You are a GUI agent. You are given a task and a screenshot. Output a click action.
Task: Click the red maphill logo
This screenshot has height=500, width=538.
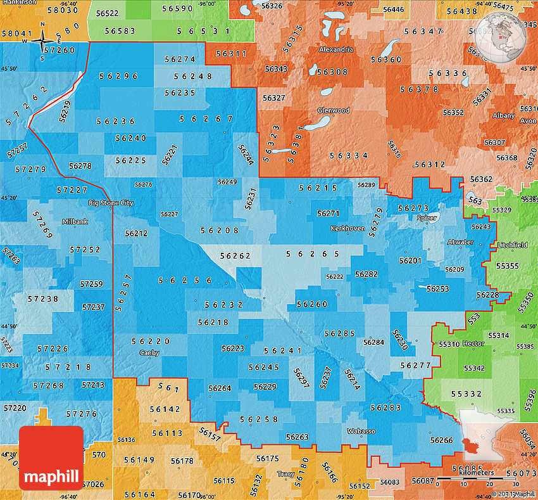pyautogui.click(x=51, y=458)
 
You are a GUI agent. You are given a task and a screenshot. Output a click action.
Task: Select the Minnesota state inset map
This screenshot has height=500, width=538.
pyautogui.click(x=490, y=438)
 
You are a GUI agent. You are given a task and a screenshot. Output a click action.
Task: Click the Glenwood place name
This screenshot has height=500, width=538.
pyautogui.click(x=334, y=110)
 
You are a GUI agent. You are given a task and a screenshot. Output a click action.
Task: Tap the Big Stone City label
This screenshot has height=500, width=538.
pyautogui.click(x=111, y=203)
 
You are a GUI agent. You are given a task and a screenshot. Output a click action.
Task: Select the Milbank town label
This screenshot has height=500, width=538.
pyautogui.click(x=76, y=222)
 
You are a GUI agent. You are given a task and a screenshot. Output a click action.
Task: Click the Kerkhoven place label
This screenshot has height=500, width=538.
pyautogui.click(x=348, y=228)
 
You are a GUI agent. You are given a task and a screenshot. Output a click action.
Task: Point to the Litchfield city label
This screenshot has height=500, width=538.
pyautogui.click(x=513, y=245)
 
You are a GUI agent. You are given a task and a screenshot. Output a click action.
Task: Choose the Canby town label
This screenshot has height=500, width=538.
pyautogui.click(x=150, y=352)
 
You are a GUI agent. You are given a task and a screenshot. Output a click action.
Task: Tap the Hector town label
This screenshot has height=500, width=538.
pyautogui.click(x=473, y=343)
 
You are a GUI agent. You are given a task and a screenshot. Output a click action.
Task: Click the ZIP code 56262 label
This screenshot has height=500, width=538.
pyautogui.click(x=235, y=257)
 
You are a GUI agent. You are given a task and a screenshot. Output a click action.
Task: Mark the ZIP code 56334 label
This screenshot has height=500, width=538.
pyautogui.click(x=349, y=155)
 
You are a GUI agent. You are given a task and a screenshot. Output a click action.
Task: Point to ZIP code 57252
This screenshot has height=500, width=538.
pyautogui.click(x=86, y=250)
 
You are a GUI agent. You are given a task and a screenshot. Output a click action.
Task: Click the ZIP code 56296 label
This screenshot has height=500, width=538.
pyautogui.click(x=118, y=76)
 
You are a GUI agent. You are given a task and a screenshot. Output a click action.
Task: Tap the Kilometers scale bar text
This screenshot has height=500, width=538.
pyautogui.click(x=476, y=473)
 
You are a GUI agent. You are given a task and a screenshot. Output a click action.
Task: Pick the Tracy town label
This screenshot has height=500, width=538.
pyautogui.click(x=285, y=474)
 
